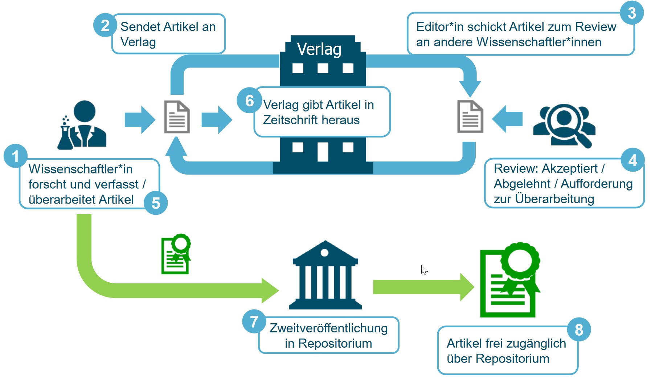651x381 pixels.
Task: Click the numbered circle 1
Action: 15,156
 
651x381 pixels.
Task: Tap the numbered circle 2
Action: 105,25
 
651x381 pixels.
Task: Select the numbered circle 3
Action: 631,13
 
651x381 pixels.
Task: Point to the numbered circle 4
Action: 632,160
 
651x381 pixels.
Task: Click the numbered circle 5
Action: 156,203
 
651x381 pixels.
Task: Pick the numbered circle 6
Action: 249,101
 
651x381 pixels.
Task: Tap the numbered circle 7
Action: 254,321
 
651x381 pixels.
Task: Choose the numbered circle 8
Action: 579,329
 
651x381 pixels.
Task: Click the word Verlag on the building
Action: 319,49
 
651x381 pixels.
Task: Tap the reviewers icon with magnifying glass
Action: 564,125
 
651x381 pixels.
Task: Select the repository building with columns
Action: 325,276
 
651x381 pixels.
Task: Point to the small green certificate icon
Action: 176,254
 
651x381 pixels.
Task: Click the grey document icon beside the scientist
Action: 177,117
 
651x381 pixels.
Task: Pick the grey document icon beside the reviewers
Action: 470,117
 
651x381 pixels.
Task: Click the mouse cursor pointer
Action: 424,269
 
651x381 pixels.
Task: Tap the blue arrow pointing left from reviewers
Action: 507,119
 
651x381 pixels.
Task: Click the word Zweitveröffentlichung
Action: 328,328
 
